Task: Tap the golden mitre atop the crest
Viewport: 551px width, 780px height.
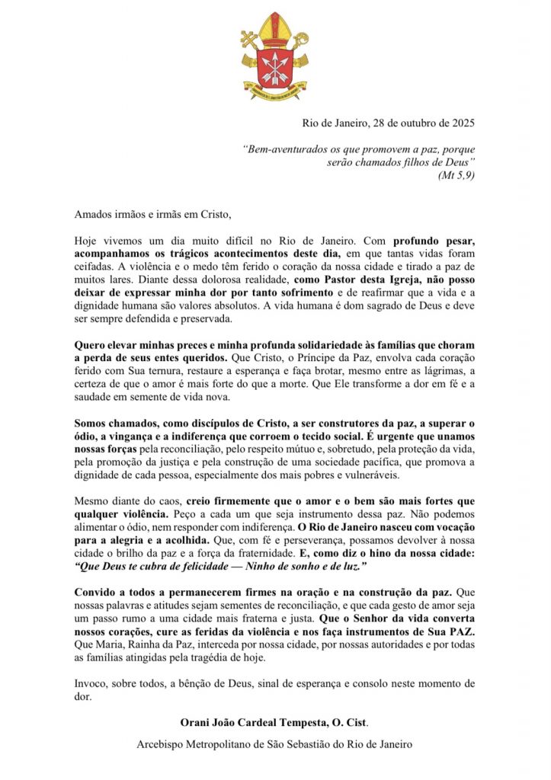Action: click(x=276, y=30)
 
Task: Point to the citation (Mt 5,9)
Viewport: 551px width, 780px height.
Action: click(x=456, y=175)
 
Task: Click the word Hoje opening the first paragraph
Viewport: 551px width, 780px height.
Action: click(x=88, y=240)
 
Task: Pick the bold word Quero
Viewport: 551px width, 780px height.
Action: click(x=91, y=344)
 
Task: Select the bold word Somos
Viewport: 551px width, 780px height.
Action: click(x=92, y=422)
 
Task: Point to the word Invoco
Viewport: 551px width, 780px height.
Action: click(x=91, y=682)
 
